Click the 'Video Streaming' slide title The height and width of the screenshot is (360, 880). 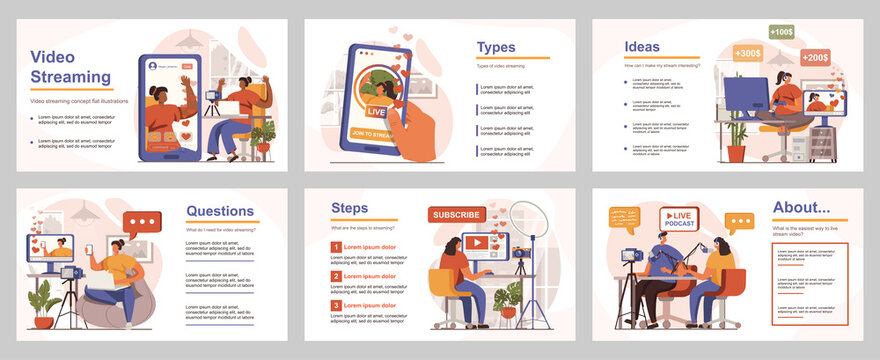[70, 66]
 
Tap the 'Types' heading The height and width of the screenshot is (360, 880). [496, 47]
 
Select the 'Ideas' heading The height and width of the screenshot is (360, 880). [642, 46]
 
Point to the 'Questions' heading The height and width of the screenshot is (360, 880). [220, 211]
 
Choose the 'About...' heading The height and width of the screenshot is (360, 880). [801, 208]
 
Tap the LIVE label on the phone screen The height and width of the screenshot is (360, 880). [377, 112]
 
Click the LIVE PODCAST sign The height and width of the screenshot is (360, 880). [680, 218]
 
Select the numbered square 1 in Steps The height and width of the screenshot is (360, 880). [336, 246]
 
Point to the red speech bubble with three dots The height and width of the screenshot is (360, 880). [141, 222]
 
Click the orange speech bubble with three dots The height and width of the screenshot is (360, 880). [740, 222]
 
